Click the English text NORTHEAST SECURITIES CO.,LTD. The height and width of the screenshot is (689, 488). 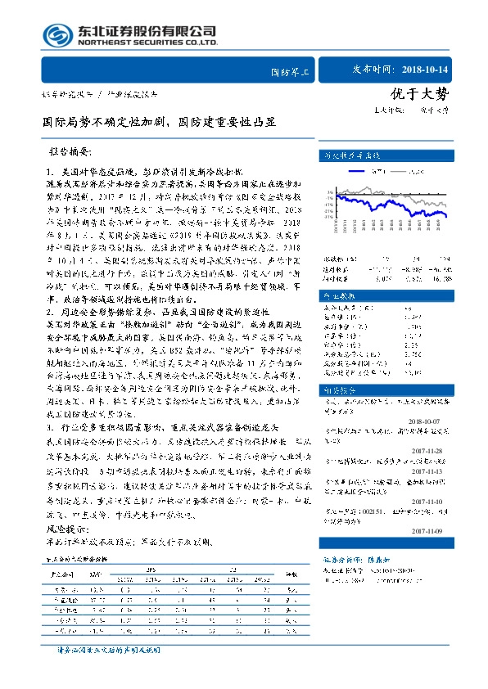[x=147, y=42]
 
